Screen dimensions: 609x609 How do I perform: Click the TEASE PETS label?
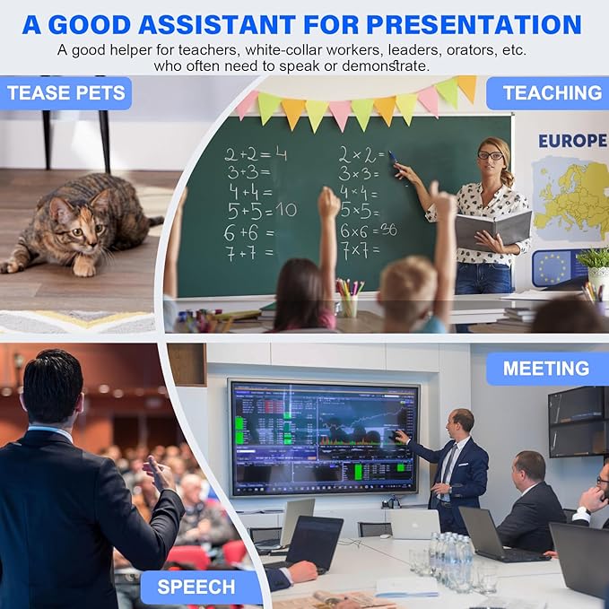[x=65, y=93]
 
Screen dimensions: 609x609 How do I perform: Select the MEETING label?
[x=545, y=369]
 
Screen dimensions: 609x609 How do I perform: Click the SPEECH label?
[x=196, y=587]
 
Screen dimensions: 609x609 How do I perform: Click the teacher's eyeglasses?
[x=490, y=156]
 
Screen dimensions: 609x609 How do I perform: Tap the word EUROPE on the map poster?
[x=571, y=141]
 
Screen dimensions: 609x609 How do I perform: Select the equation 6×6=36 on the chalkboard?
[x=369, y=230]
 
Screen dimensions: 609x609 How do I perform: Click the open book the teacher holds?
[x=492, y=230]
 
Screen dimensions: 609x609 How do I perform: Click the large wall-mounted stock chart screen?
[x=323, y=437]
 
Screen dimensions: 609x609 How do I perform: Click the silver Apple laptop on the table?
[x=413, y=523]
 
